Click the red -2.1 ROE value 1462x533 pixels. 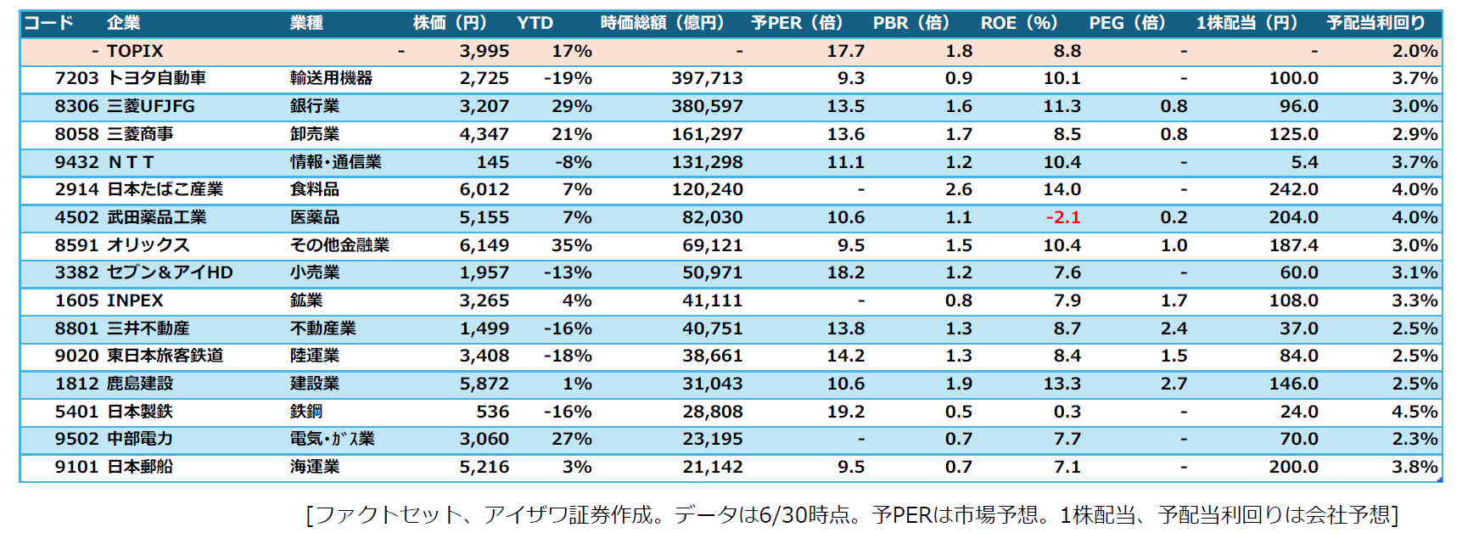coord(1063,217)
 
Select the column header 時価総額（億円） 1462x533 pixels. coord(663,23)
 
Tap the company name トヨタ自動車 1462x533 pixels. coord(157,78)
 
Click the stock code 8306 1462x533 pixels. coord(77,106)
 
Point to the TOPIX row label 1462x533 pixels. coord(135,51)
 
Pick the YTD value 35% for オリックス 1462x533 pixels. coord(572,245)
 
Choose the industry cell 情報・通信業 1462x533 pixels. coord(336,162)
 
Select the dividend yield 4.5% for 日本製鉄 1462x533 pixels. coord(1414,412)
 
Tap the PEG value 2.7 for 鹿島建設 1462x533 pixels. coord(1174,384)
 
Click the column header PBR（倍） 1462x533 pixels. coord(912,23)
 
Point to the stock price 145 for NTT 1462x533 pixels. coord(493,162)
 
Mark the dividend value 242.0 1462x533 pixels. coord(1294,189)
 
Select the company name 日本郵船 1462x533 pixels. coord(140,467)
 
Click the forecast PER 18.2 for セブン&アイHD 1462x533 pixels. coord(846,272)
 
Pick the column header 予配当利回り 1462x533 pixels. coord(1376,23)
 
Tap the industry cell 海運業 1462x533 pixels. coord(315,467)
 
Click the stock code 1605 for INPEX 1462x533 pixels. coord(77,300)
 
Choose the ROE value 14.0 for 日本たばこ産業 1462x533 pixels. coord(1062,189)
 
